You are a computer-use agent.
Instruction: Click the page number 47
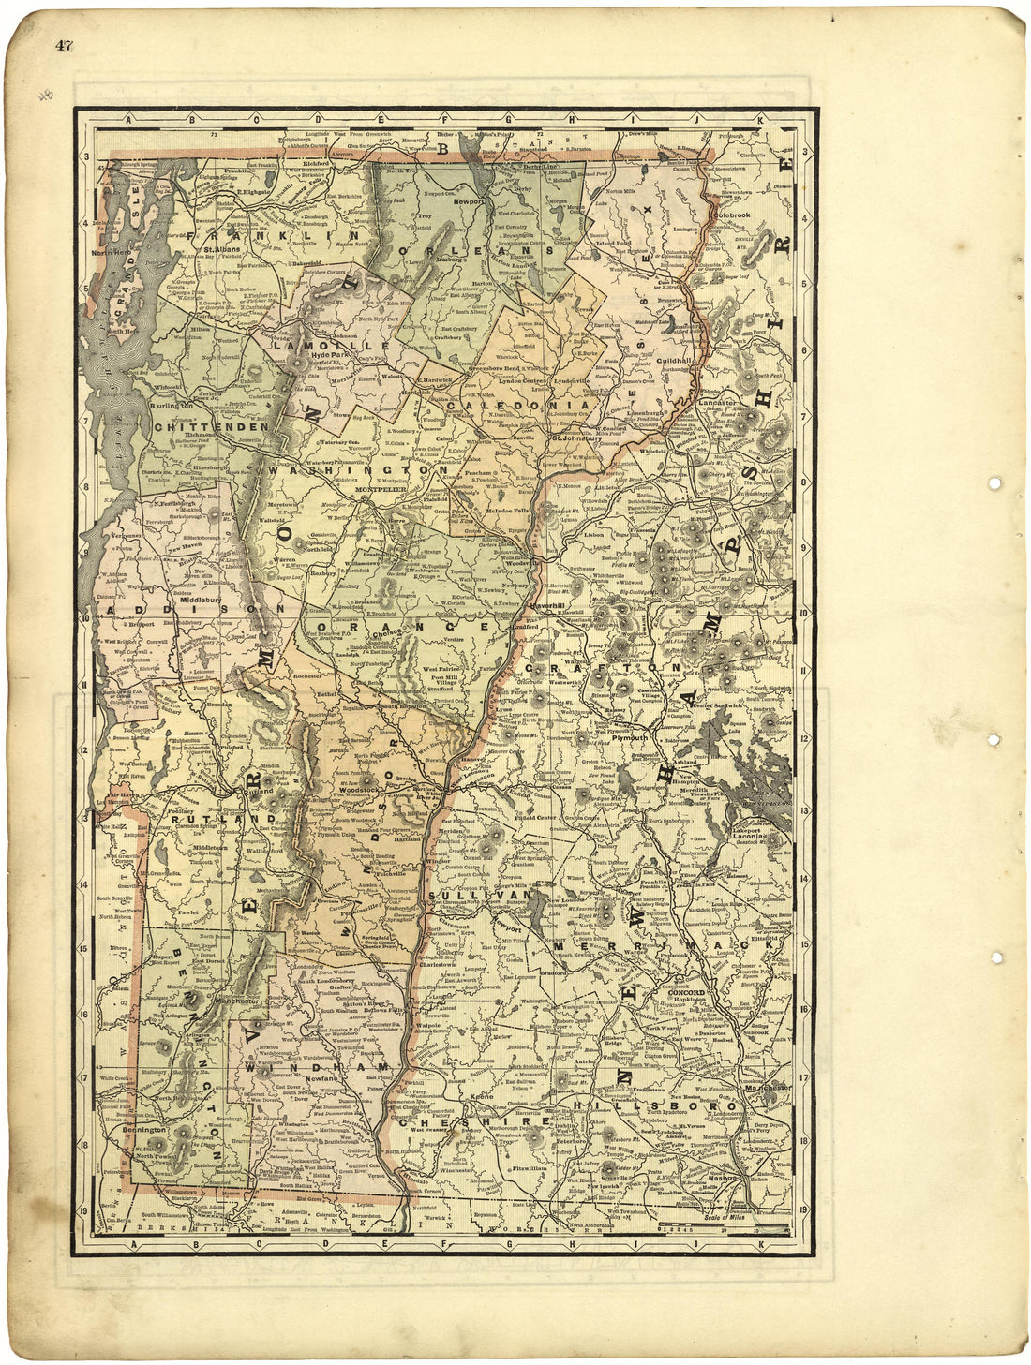click(x=64, y=45)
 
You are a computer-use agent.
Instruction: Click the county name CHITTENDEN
click(x=211, y=427)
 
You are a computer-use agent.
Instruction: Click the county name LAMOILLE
click(x=309, y=346)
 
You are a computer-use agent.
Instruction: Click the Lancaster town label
click(x=718, y=402)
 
